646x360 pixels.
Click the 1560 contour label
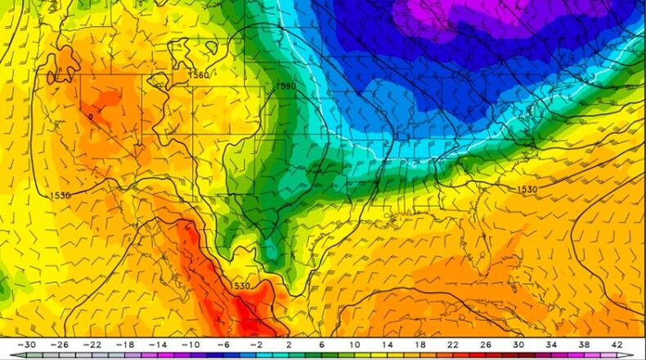coord(200,75)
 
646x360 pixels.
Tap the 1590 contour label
coord(286,86)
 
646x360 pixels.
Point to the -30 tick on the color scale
coord(26,344)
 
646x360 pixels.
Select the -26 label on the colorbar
coord(60,344)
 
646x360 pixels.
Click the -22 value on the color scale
coord(93,344)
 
